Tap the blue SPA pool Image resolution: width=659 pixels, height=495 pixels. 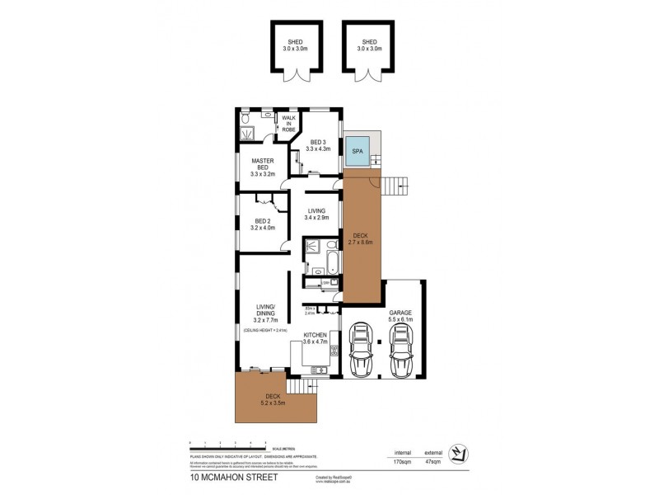pos(357,152)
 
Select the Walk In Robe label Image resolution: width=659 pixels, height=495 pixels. pos(288,124)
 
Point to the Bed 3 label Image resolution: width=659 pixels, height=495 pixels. pos(318,145)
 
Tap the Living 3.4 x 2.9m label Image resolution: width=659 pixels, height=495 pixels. pos(316,214)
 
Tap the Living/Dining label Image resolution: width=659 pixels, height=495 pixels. pos(266,312)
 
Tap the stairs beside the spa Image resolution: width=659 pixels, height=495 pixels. pos(397,186)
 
